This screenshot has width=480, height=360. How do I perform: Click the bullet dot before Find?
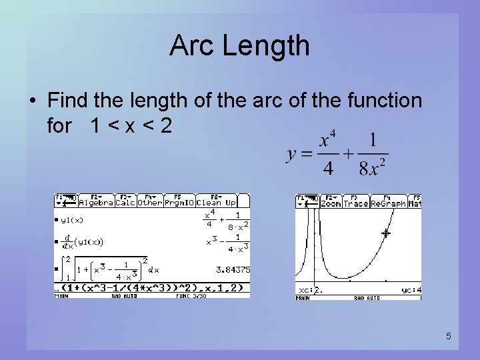pyautogui.click(x=32, y=101)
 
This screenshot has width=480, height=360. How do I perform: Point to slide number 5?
pyautogui.click(x=449, y=337)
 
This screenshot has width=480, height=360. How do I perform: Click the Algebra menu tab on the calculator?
pyautogui.click(x=96, y=202)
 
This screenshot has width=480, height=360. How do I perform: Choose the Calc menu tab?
pyautogui.click(x=125, y=202)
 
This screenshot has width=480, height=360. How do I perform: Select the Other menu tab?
pyautogui.click(x=150, y=202)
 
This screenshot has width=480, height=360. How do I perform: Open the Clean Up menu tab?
pyautogui.click(x=221, y=202)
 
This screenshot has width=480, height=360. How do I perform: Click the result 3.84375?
pyautogui.click(x=233, y=270)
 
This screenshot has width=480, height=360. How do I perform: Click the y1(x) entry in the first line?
pyautogui.click(x=72, y=219)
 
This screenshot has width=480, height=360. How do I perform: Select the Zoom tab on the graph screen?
pyautogui.click(x=331, y=203)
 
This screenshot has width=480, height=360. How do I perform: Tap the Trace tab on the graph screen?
pyautogui.click(x=356, y=203)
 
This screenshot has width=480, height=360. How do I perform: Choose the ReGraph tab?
pyautogui.click(x=388, y=203)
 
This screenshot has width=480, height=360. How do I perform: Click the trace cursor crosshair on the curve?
pyautogui.click(x=385, y=233)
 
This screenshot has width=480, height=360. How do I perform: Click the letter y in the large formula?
pyautogui.click(x=291, y=155)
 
